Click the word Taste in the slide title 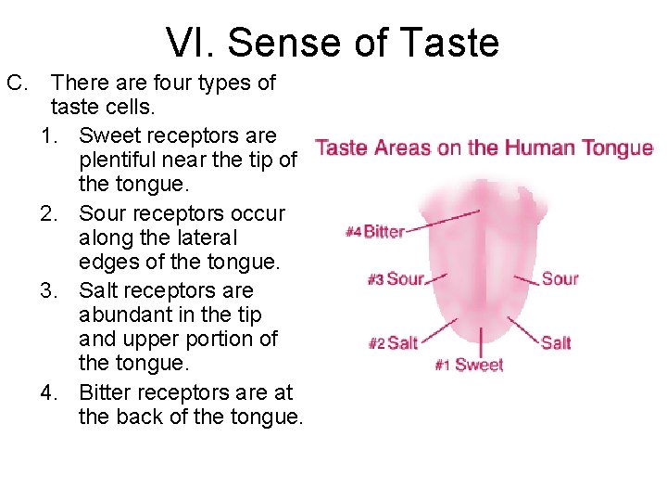[457, 44]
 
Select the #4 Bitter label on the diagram [375, 232]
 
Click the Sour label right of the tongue [560, 278]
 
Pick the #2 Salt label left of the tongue [393, 343]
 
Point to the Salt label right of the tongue [556, 342]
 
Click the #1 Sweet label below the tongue [469, 366]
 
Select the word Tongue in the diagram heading [622, 148]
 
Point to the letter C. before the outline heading [19, 83]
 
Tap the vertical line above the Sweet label [481, 339]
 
